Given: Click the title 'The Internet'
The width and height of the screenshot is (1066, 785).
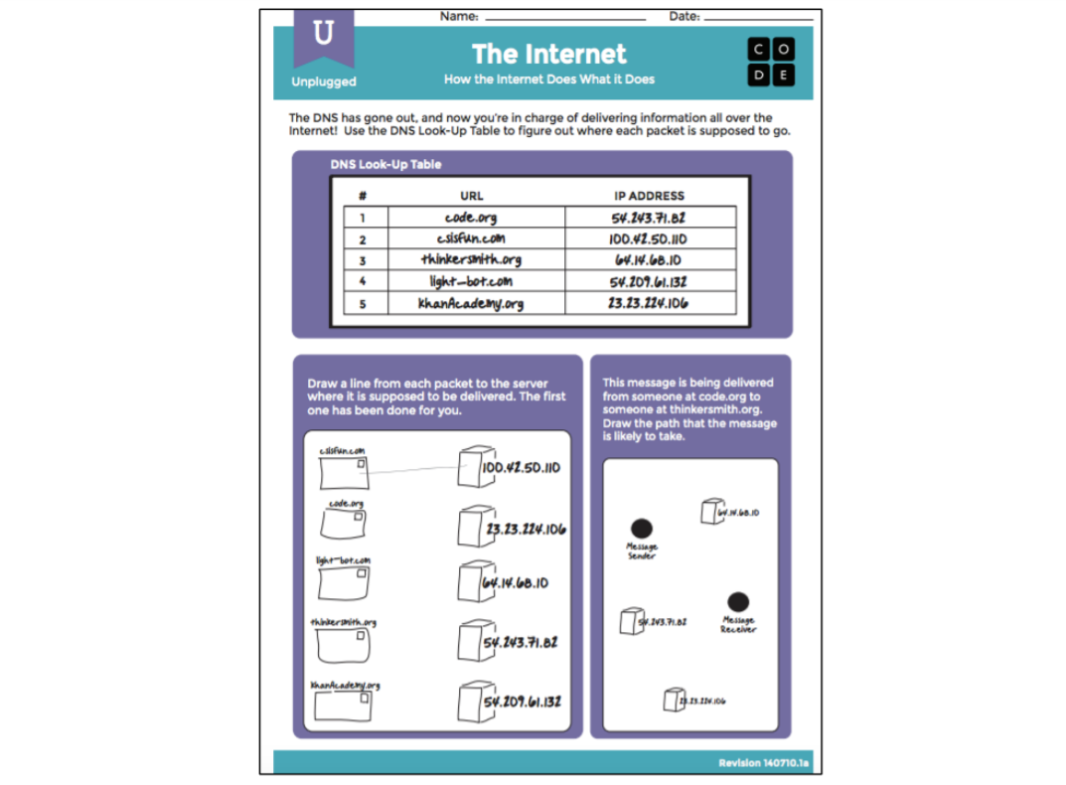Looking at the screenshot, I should point(548,54).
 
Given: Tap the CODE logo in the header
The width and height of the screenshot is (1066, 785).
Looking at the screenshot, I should point(772,61).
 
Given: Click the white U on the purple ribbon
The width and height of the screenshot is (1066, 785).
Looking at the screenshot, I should point(323,35).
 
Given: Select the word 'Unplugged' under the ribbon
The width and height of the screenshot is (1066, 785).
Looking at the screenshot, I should point(324,81).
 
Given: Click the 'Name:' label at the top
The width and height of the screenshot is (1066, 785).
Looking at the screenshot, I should point(459,16).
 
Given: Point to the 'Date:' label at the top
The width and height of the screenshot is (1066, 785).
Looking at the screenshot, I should point(684,16).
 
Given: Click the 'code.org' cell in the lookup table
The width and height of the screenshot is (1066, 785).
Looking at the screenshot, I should point(471,218).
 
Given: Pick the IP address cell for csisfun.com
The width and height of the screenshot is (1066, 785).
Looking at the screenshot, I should point(648,239).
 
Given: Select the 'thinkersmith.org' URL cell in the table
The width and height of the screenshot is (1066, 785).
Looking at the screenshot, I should point(471,260).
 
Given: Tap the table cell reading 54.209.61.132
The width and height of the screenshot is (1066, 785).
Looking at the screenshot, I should point(648,282).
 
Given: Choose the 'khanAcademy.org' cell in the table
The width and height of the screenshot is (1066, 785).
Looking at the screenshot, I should point(471,303).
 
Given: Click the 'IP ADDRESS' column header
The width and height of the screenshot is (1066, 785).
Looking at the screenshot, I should point(649,196).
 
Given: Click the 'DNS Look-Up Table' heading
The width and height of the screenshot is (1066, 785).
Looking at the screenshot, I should point(385,164).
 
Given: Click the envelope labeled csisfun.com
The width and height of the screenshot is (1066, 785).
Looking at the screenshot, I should point(343,472).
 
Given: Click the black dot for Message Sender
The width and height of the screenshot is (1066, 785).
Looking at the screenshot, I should point(642,529).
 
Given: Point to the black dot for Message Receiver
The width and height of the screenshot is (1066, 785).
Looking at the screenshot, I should point(737,602).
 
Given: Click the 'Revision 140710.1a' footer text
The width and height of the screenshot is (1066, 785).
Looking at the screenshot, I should point(763,763).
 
